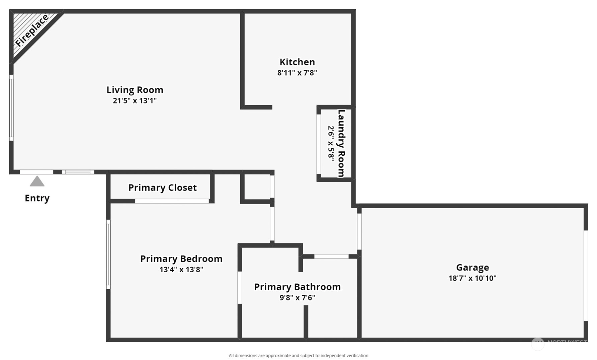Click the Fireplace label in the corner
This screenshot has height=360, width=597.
coord(32,30)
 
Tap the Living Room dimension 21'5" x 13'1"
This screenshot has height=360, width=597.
coord(135,100)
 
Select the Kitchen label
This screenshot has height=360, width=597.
coord(297,62)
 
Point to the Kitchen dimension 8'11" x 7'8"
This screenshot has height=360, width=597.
coord(297,73)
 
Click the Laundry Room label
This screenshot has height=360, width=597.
coord(341,143)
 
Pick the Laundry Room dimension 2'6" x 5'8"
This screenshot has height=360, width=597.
coord(331,143)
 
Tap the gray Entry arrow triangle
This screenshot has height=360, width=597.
coord(37,181)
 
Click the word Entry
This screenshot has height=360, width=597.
coord(37,198)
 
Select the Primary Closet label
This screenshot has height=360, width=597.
coord(162,188)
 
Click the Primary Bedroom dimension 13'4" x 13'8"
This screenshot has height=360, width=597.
coord(181,270)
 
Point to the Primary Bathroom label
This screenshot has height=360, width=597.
coord(297,287)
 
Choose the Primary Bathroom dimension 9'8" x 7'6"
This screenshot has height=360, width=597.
coord(297,298)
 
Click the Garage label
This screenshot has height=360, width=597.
coord(473,268)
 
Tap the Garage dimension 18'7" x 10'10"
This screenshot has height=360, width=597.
coord(473,278)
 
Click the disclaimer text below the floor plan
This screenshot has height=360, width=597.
coord(298,356)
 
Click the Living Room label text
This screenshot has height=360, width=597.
coord(135,90)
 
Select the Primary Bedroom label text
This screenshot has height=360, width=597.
coord(181,259)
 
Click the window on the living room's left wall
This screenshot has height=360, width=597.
coord(11,108)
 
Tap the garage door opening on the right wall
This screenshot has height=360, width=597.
coord(586,276)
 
